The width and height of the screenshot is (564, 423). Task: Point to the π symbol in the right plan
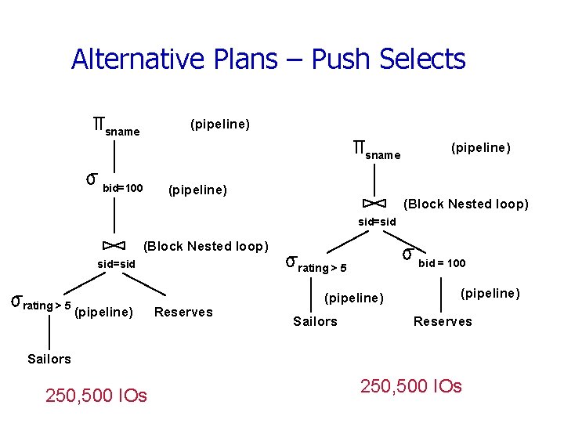coord(359,146)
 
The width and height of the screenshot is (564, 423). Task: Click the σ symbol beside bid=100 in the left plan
coord(91,179)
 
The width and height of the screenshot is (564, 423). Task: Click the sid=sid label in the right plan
coord(378,222)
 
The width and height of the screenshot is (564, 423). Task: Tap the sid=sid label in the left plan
coord(116,265)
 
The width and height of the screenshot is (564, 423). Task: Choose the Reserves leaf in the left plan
coord(184,313)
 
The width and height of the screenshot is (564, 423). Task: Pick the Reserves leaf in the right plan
coord(443,321)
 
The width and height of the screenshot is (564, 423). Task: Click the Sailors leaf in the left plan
coord(49,359)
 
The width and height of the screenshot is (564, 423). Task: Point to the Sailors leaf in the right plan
coord(315,321)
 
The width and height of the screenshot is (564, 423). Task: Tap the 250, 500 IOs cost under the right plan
coord(410,386)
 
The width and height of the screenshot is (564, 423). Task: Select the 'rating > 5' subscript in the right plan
coord(323,269)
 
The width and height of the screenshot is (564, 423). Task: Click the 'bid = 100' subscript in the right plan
coord(442,263)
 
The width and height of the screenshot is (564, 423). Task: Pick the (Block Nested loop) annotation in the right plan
coord(465,204)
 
